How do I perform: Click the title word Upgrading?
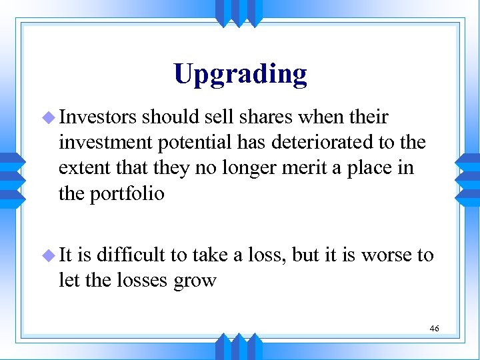pyautogui.click(x=240, y=74)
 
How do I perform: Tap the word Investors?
pyautogui.click(x=97, y=118)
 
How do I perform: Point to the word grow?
pyautogui.click(x=196, y=280)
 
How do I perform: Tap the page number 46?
pyautogui.click(x=435, y=329)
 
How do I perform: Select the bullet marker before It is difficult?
pyautogui.click(x=50, y=255)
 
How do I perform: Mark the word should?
pyautogui.click(x=174, y=118)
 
